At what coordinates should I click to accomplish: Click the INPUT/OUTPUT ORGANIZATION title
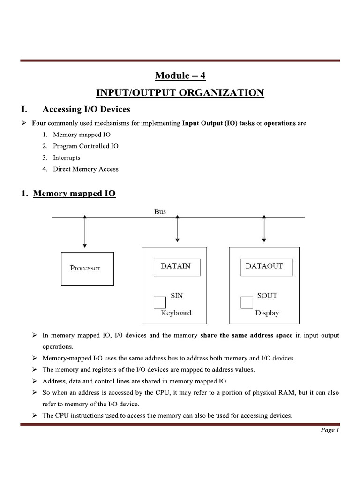(x=180, y=93)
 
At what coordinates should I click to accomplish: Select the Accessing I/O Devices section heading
(x=86, y=110)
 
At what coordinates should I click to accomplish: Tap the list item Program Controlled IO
(x=86, y=146)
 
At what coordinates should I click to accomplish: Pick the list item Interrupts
(x=67, y=157)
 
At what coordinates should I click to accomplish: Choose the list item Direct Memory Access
(x=86, y=169)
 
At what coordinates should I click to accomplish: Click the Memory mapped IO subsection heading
(x=74, y=193)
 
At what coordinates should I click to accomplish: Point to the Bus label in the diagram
(x=160, y=212)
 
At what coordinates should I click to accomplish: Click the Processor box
(x=87, y=269)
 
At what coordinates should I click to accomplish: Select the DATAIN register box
(x=177, y=267)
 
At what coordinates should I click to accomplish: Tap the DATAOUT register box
(x=264, y=267)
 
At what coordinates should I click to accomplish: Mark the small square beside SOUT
(x=247, y=302)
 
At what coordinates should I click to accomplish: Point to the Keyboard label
(x=176, y=313)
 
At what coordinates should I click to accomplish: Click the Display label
(x=267, y=313)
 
